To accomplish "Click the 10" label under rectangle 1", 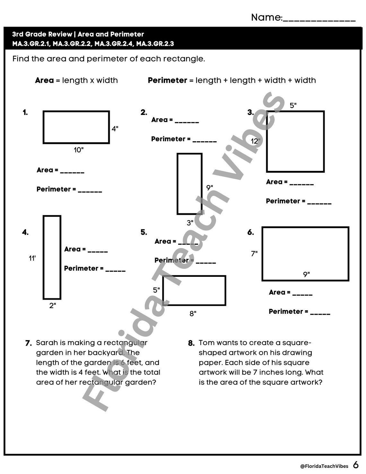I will tap(79, 150).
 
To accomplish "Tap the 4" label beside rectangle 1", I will tap(115, 129).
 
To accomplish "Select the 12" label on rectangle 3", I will tap(256, 141).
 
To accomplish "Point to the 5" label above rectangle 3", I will tap(293, 105).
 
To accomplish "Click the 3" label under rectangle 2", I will tap(190, 223).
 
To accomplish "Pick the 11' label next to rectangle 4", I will tap(32, 258).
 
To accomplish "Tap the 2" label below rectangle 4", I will tap(53, 305).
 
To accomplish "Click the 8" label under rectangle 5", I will tap(193, 313).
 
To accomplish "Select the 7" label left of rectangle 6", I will tap(254, 254).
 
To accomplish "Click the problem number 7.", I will tap(28, 343).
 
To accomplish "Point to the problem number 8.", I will tap(191, 343).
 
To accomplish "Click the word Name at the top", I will tap(266, 17).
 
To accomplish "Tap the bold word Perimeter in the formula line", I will tap(167, 80).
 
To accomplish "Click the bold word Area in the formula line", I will tap(44, 80).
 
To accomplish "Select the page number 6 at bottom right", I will tap(356, 465).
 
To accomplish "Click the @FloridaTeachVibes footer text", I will tap(324, 466).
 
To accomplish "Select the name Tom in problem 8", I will tap(205, 343).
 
